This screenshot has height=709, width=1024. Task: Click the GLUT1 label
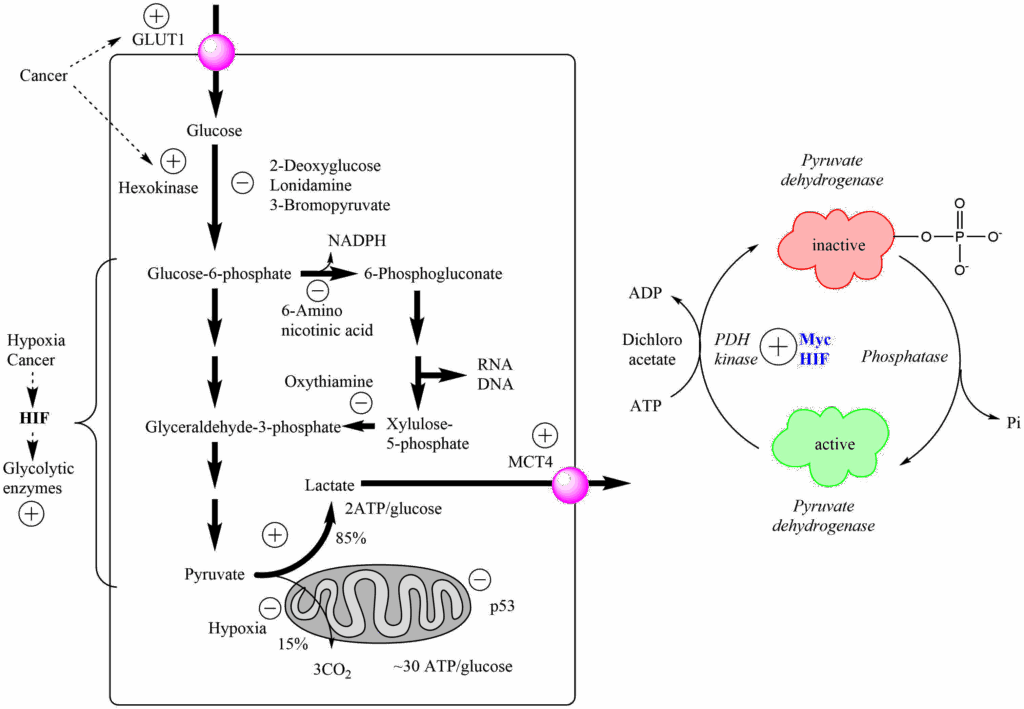158,40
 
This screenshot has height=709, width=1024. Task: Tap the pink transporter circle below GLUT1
215,51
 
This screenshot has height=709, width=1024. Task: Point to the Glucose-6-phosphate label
219,273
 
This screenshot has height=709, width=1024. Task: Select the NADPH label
357,241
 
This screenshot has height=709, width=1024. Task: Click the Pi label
1011,424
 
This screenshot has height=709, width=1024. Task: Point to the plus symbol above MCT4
544,435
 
